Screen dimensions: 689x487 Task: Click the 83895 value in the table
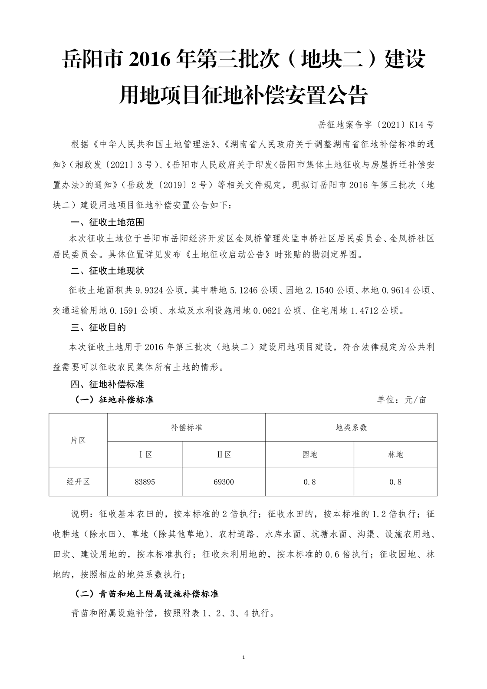[145, 482]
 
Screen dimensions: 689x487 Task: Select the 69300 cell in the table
[224, 482]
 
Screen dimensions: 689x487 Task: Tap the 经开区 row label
[78, 482]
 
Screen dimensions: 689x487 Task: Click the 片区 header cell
[78, 440]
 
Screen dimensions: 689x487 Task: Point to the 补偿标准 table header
[186, 428]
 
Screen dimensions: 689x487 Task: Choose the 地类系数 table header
[351, 428]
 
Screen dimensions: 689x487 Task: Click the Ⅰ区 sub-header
[145, 455]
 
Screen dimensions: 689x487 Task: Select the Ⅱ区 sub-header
[224, 455]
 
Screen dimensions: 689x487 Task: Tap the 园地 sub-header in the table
[309, 455]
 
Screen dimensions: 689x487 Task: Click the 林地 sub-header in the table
[395, 455]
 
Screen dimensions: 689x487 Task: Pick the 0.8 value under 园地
[309, 482]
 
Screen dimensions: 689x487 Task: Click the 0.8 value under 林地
[395, 482]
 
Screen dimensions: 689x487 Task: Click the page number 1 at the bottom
[243, 670]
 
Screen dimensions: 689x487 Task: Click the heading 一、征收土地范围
[107, 222]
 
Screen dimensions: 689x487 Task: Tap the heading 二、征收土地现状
[107, 271]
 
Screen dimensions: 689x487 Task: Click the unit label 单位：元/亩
[401, 400]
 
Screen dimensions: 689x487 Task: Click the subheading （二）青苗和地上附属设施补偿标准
[147, 593]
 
